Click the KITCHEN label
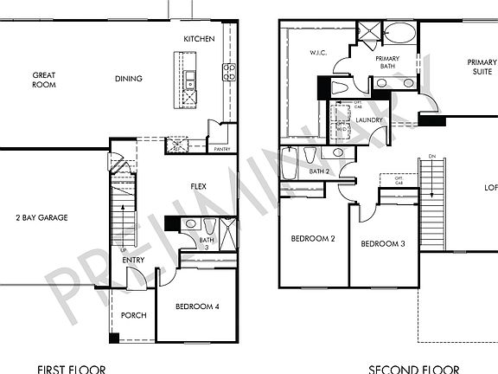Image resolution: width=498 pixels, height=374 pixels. tap(199, 40)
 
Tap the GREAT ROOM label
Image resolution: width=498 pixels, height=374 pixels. tap(44, 80)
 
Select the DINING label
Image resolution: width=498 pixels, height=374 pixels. tap(129, 79)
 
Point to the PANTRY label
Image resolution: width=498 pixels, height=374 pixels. tap(222, 149)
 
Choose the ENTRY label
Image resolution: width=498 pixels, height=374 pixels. tap(133, 261)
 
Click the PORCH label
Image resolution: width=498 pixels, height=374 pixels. tap(132, 315)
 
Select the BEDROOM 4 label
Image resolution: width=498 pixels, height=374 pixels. tap(197, 306)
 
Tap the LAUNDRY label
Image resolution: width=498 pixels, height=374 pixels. tap(369, 121)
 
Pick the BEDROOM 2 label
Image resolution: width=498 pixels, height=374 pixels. tap(312, 239)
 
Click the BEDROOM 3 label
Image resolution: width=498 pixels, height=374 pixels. tap(383, 243)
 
